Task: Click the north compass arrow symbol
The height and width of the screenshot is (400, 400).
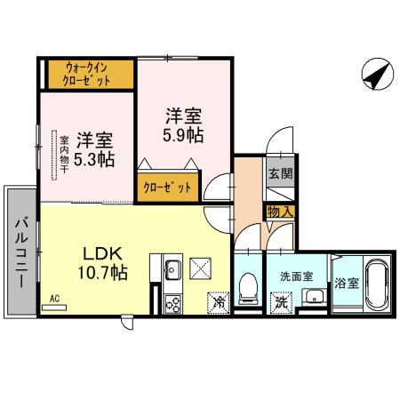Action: tap(374, 75)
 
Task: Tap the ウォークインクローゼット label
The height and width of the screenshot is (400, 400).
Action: tap(89, 73)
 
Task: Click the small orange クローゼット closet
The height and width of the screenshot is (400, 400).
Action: tap(167, 187)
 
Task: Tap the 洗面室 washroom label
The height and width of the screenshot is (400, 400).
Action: tap(295, 276)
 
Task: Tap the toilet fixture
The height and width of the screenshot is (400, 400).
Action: tap(248, 286)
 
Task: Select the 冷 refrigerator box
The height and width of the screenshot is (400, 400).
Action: tap(219, 302)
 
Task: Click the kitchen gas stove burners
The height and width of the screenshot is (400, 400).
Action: tap(172, 303)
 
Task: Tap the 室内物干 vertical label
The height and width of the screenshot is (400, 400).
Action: tap(65, 156)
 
